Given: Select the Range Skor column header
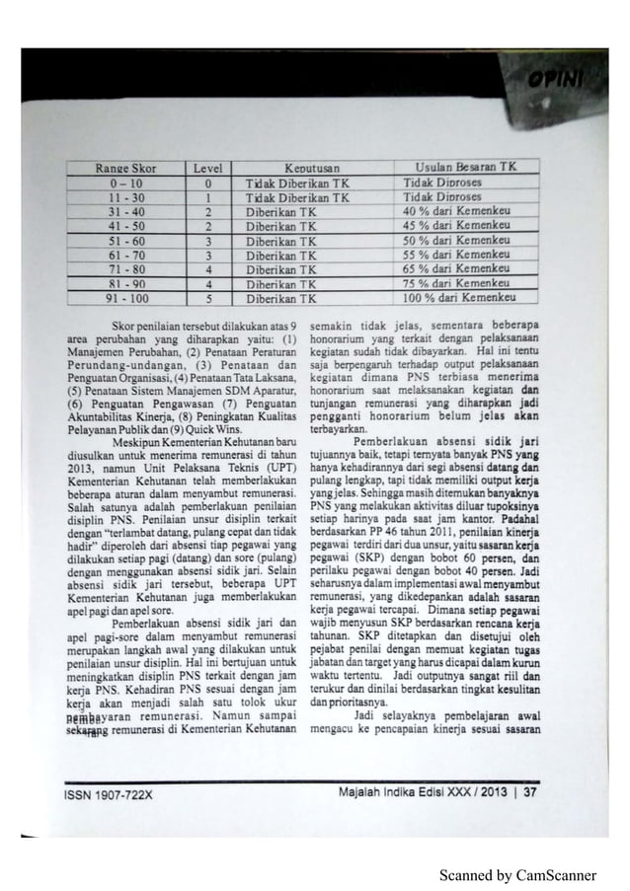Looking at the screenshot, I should [x=123, y=169].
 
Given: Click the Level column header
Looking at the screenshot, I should [x=209, y=169].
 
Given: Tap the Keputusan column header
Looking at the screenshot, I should [x=309, y=169].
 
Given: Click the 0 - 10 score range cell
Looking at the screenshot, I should [x=123, y=183].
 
